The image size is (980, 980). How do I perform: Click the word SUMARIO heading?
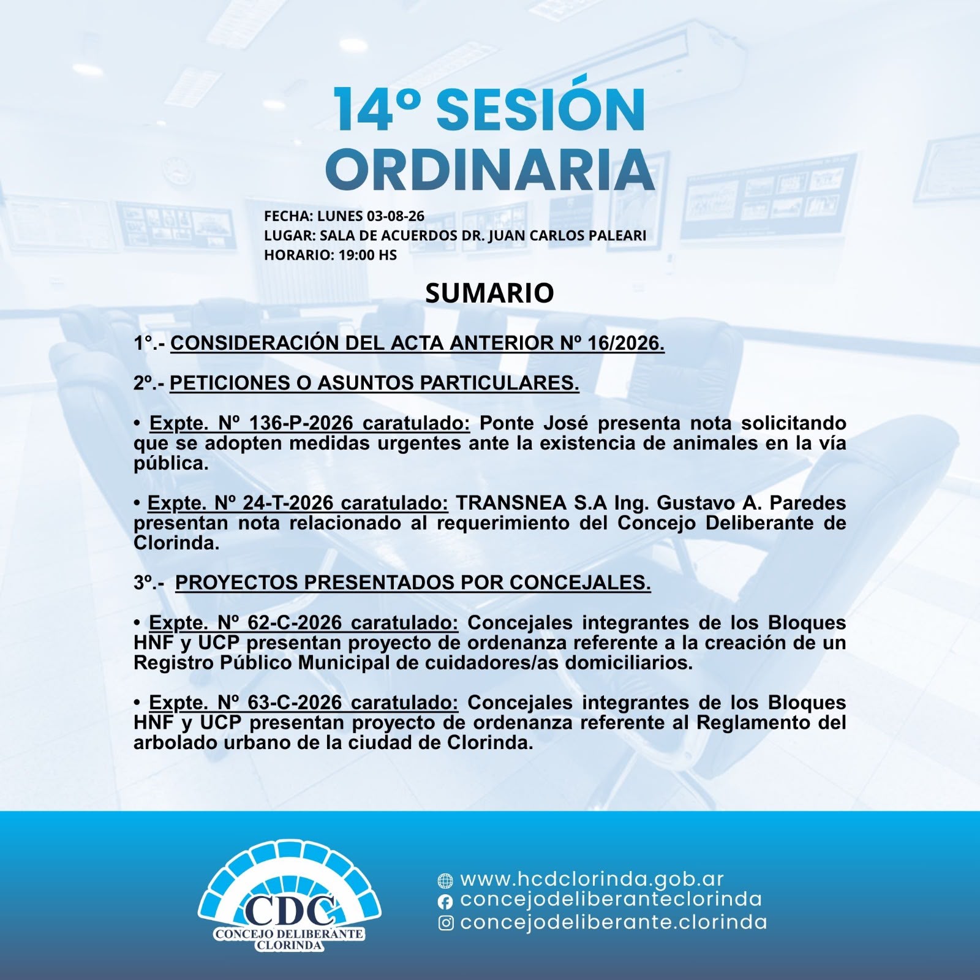[x=489, y=293]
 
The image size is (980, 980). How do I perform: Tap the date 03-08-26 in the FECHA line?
[x=395, y=216]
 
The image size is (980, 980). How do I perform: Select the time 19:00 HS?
[x=367, y=255]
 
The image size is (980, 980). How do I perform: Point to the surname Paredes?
[x=808, y=503]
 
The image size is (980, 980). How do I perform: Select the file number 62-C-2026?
[x=295, y=622]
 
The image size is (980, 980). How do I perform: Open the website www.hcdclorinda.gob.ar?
[x=592, y=879]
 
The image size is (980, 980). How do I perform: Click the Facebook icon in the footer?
[x=445, y=902]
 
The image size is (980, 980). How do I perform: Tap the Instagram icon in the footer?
[x=447, y=923]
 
